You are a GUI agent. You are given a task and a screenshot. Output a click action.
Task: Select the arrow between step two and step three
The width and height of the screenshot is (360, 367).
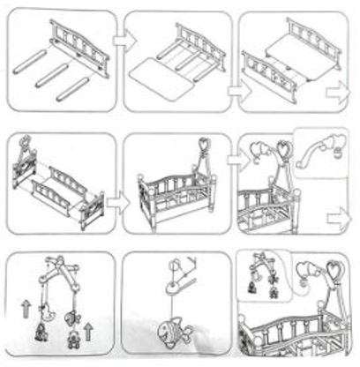233,91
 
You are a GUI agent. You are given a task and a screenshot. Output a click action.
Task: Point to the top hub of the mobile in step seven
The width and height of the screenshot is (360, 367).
55,265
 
